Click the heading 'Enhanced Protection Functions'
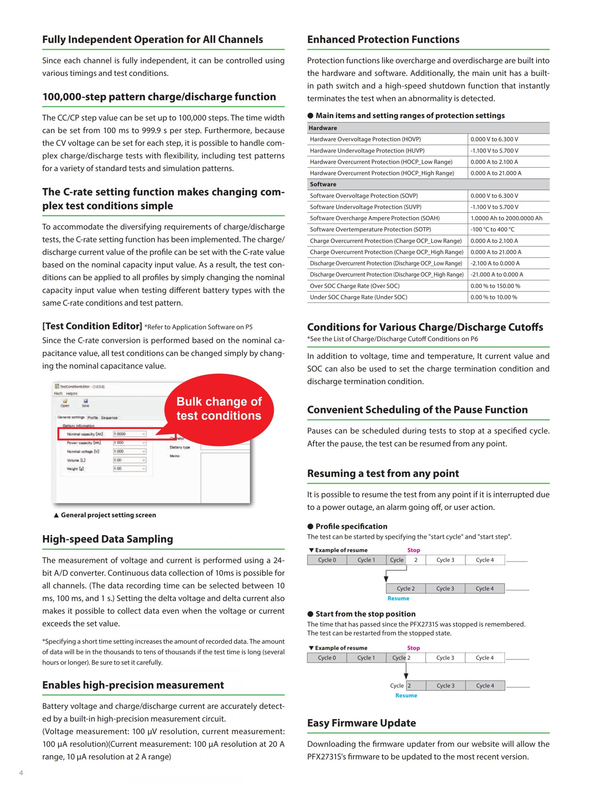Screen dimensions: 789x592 [383, 39]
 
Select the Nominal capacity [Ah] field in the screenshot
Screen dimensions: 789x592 [129, 434]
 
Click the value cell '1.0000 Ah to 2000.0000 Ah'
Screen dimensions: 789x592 [506, 218]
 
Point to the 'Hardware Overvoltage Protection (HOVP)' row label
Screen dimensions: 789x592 [365, 139]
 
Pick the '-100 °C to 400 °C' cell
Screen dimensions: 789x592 [492, 229]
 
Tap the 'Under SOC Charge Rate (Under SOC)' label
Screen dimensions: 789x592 [358, 297]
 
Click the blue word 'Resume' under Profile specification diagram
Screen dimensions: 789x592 [398, 598]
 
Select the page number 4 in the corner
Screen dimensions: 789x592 [21, 773]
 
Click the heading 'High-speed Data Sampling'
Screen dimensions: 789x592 [107, 539]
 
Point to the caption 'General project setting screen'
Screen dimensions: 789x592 [108, 515]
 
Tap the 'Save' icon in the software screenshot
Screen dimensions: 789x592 [86, 403]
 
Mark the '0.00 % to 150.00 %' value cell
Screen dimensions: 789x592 [495, 286]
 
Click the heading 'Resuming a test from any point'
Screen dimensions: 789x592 [383, 473]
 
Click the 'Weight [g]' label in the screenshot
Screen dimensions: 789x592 [75, 469]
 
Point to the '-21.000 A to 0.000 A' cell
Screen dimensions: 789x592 [496, 274]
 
